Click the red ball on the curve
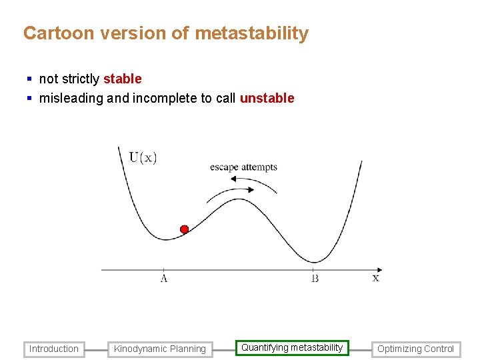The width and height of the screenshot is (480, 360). [x=185, y=229]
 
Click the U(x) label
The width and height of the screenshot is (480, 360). [x=143, y=157]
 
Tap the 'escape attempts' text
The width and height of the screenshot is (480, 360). [x=243, y=167]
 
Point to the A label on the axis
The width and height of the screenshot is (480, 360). [x=163, y=278]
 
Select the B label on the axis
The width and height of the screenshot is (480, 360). [x=315, y=278]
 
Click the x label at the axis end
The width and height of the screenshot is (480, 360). [x=375, y=277]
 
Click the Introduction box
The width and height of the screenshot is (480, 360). [x=54, y=349]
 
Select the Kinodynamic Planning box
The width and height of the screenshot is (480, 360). [x=160, y=349]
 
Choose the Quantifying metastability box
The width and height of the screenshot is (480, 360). [x=292, y=347]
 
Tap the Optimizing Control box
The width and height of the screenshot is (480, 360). [x=416, y=349]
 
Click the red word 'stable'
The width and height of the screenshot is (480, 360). [x=122, y=79]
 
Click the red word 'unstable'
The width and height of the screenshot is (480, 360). [x=267, y=98]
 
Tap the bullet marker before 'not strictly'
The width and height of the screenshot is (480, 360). [x=29, y=79]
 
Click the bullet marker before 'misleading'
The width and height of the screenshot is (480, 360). [x=29, y=99]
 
